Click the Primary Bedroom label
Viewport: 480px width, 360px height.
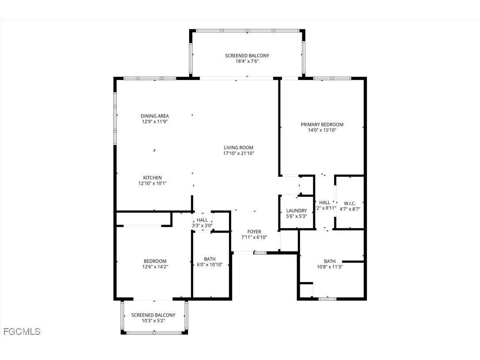click(x=322, y=125)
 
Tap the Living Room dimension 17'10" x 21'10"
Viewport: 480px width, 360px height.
click(x=238, y=153)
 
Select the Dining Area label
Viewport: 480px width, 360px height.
click(x=155, y=116)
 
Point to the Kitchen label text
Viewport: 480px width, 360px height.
click(x=152, y=178)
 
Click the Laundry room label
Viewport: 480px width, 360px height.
click(x=296, y=211)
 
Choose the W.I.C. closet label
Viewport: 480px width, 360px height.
click(x=350, y=203)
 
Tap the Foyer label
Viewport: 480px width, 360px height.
click(x=254, y=232)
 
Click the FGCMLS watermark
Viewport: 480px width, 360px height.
click(x=22, y=331)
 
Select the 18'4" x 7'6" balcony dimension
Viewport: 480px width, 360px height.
click(x=247, y=61)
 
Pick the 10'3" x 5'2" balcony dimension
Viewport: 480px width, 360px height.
click(x=153, y=321)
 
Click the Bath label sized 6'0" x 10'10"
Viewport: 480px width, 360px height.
click(x=210, y=259)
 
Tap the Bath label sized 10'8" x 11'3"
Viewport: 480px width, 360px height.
click(x=330, y=261)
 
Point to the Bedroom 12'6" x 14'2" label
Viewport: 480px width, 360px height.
click(x=155, y=261)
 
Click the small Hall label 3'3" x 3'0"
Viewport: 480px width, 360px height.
click(x=202, y=220)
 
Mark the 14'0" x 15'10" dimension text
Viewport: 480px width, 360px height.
click(x=322, y=130)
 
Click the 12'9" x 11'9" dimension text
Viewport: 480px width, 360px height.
click(x=155, y=122)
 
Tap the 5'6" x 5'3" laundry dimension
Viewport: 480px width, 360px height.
click(x=296, y=216)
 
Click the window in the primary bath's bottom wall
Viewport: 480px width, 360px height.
click(x=327, y=299)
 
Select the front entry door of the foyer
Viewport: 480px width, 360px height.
click(x=244, y=253)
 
